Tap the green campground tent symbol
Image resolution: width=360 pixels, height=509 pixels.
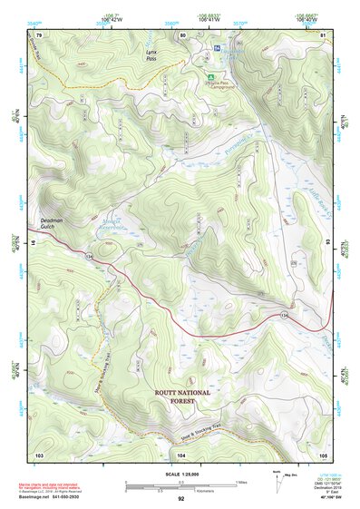click(x=211, y=76)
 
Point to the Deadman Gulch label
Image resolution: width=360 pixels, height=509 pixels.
click(x=55, y=221)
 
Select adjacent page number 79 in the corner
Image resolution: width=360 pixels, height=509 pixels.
click(x=39, y=34)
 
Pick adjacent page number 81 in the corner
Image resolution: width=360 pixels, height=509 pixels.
click(x=323, y=34)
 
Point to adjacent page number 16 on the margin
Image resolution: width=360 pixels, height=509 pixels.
click(x=30, y=244)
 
